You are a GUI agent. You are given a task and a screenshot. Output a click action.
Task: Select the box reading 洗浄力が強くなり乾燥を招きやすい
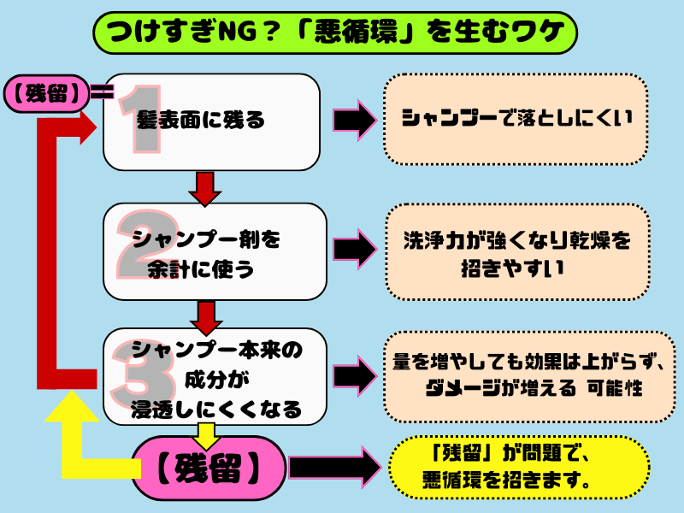point(515,252)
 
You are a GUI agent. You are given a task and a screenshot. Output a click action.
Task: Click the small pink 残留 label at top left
point(48,91)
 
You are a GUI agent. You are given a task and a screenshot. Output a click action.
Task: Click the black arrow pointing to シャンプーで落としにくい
point(353,120)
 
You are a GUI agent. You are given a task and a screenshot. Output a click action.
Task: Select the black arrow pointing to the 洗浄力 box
point(353,250)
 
